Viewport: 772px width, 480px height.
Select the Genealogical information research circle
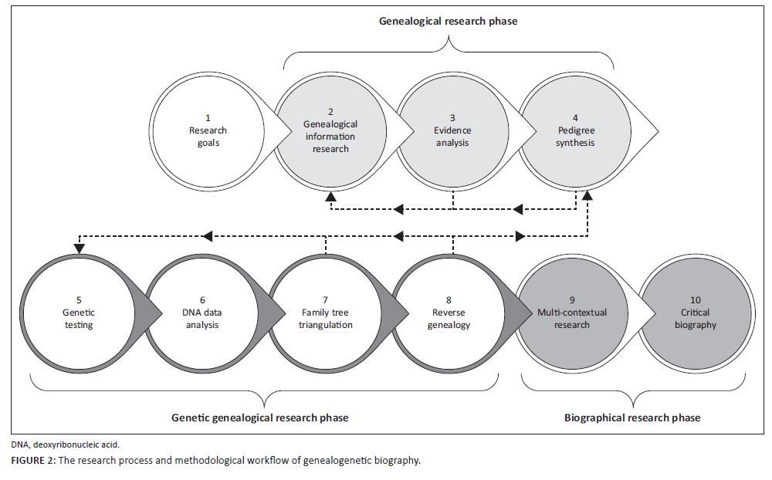[x=330, y=131]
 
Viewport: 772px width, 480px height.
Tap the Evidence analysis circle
[x=452, y=131]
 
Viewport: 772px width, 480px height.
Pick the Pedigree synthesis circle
[x=575, y=131]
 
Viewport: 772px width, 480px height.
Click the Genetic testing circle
[x=78, y=313]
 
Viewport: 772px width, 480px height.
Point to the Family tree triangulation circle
[x=327, y=313]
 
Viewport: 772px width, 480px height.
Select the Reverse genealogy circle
[x=450, y=313]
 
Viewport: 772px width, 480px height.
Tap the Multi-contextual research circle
[x=573, y=313]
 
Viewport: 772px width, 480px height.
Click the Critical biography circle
[x=696, y=313]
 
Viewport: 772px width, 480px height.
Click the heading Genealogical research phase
[x=448, y=22]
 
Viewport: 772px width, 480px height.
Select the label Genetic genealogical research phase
[x=259, y=417]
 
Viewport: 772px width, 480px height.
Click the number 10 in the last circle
[x=696, y=301]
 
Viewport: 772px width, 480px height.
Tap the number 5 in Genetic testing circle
[x=78, y=301]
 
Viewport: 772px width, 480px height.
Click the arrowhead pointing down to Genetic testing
[x=78, y=248]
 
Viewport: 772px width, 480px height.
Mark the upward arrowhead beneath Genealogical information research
[x=330, y=198]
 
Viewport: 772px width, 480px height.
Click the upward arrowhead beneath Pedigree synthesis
[x=587, y=198]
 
